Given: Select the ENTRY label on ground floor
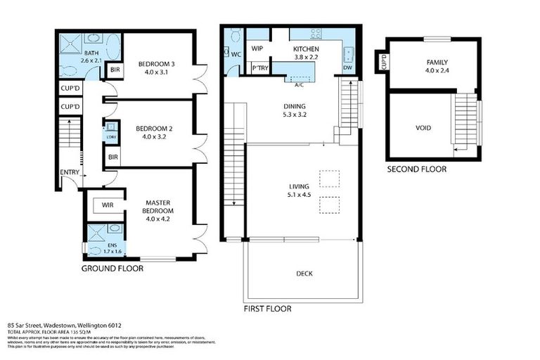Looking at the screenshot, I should (70, 172).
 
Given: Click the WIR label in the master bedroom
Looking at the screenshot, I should (108, 205).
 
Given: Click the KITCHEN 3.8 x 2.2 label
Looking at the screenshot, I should (307, 53).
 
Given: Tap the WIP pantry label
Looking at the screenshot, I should (257, 49).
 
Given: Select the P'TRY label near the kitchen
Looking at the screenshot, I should (257, 69).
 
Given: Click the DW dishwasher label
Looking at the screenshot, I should (347, 68).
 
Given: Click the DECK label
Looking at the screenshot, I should (304, 274).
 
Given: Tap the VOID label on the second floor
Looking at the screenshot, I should (423, 128).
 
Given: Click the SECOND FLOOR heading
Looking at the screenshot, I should (416, 169).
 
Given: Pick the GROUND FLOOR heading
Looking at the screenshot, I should (112, 269).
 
